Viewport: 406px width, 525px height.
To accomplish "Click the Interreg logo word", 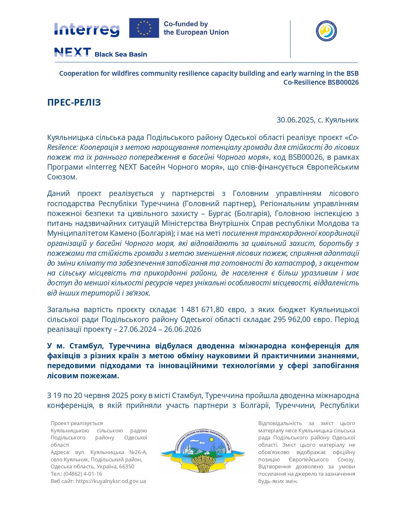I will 87,30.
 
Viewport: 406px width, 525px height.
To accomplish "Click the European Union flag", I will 144,28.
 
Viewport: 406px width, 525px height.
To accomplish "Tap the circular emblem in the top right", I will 326,31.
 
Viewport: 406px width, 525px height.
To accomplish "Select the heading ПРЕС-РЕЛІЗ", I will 74,102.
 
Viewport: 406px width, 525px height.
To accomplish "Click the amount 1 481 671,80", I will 202,310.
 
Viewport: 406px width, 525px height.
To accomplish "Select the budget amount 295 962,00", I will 292,319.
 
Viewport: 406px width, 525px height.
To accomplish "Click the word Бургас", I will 220,213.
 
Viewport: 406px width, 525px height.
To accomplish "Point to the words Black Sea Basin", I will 121,54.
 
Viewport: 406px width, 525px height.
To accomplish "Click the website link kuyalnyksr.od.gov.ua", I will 111,481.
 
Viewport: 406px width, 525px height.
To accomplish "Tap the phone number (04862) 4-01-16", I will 83,474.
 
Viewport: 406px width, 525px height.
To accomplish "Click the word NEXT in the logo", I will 73,52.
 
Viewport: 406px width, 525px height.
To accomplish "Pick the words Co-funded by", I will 186,24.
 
